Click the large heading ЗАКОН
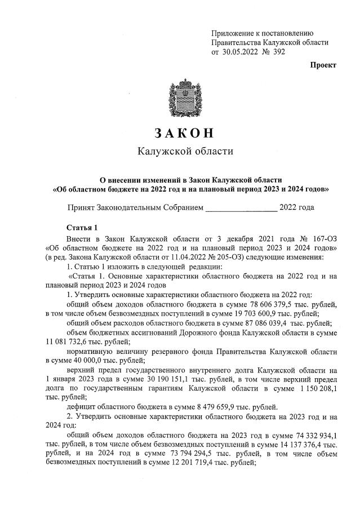[x=180, y=134]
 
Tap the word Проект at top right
[x=323, y=65]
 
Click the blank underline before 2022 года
[x=241, y=207]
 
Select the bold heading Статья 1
[x=82, y=228]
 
